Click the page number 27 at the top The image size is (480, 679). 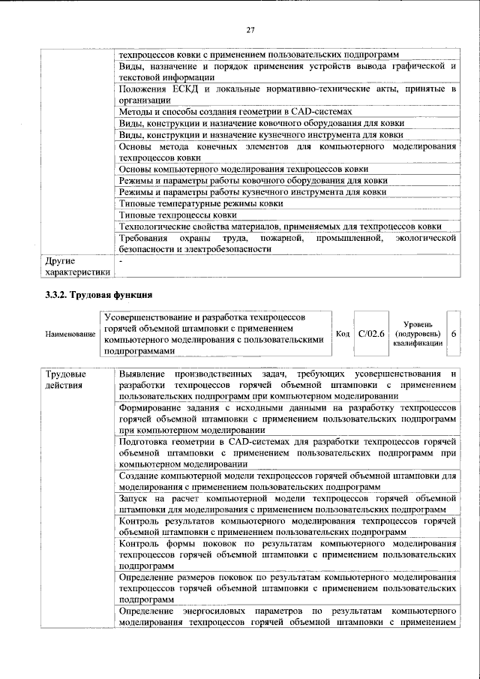tap(250, 30)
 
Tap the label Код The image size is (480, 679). tap(342, 333)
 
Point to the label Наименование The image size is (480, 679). tap(70, 333)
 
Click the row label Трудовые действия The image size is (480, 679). tap(66, 380)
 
